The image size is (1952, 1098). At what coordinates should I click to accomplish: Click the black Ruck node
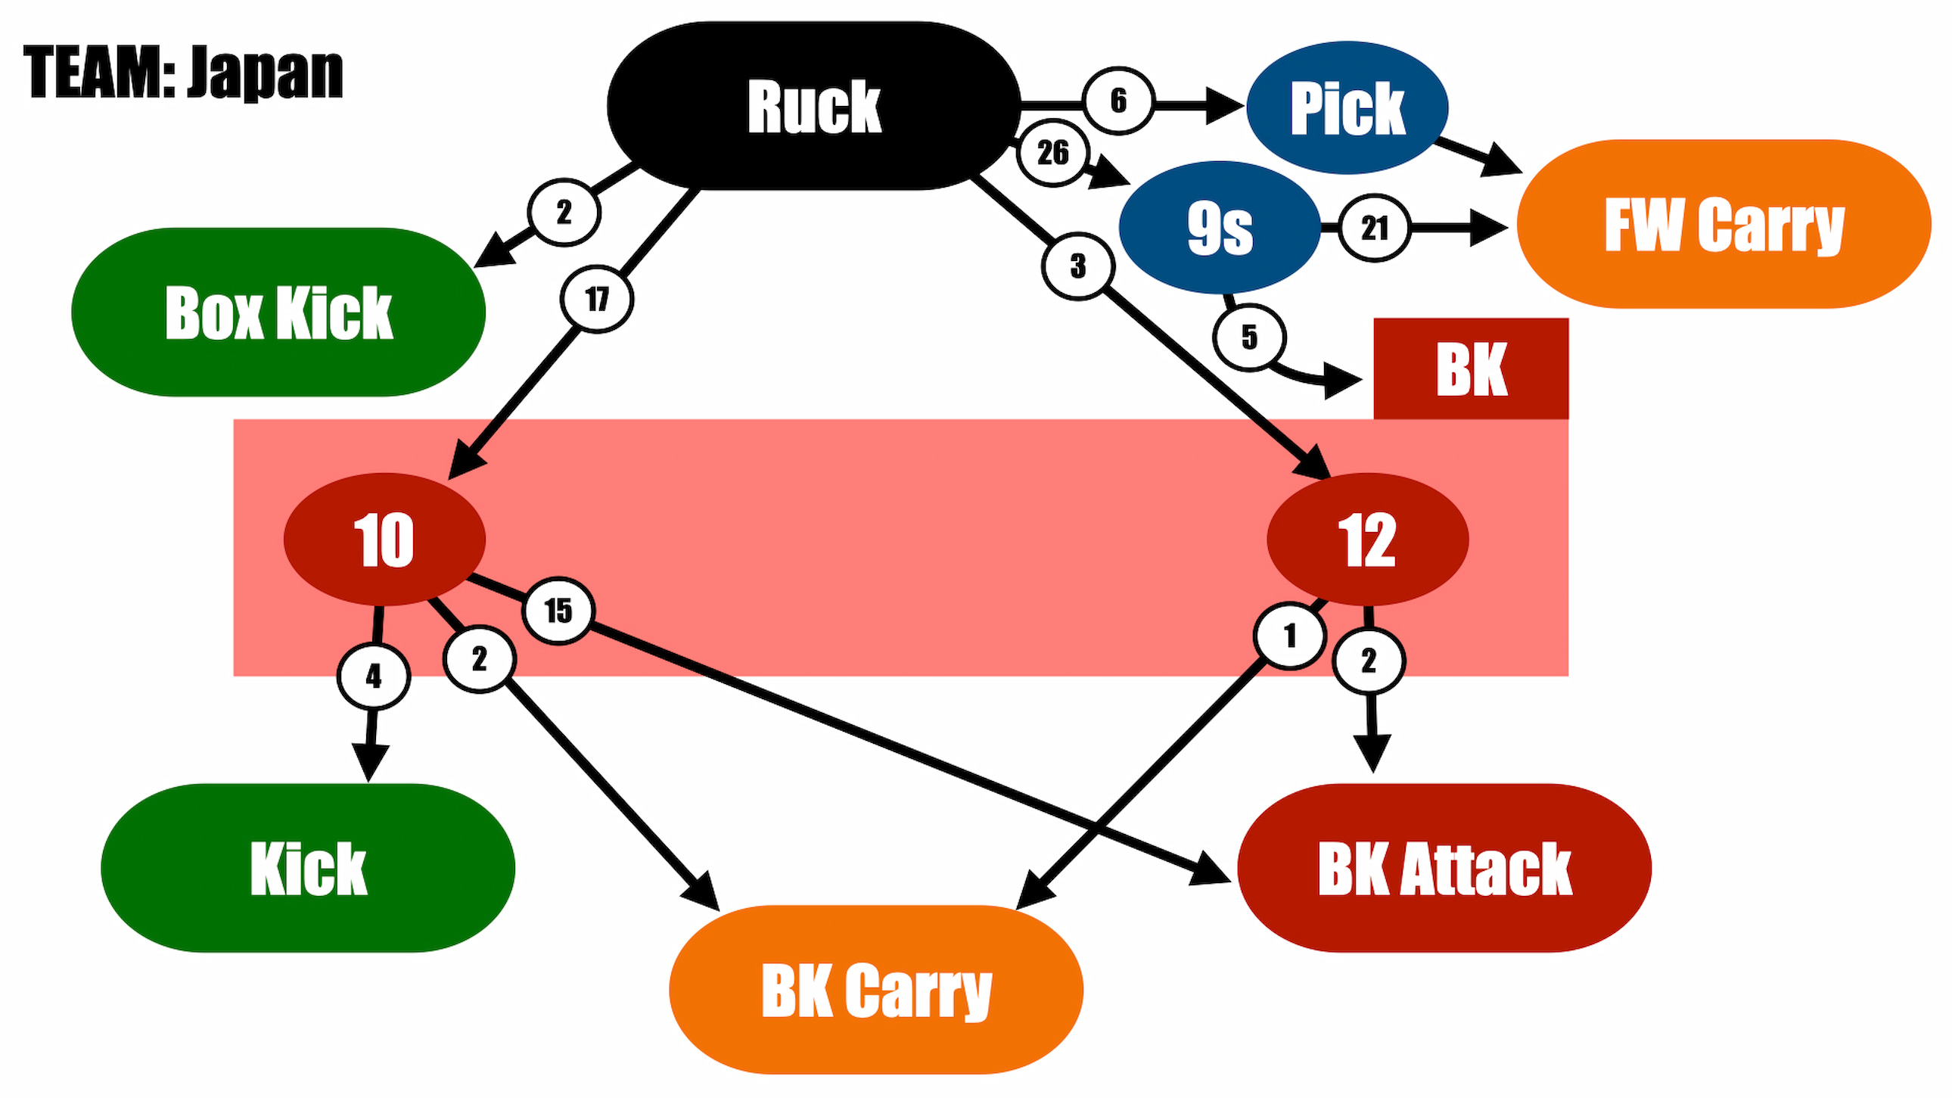pos(814,105)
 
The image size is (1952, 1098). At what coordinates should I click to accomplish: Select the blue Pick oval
pos(1347,107)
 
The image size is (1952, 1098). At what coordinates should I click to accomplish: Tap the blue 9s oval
pos(1219,227)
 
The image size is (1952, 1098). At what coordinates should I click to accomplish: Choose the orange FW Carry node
pos(1724,223)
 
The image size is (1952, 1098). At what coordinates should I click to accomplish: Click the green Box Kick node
pos(278,313)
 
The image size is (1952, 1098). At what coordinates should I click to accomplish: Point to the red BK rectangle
pos(1471,369)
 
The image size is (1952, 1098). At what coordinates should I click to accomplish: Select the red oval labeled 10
pos(384,540)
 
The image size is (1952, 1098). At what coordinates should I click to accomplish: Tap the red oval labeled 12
pos(1368,540)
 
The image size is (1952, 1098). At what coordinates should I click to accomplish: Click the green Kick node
pos(308,868)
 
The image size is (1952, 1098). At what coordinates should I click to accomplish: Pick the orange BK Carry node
pos(876,990)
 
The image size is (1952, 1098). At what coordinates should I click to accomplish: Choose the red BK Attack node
pos(1444,868)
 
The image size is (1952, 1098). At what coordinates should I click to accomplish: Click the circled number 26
pos(1053,153)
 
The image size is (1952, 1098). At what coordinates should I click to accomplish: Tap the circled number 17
pos(597,300)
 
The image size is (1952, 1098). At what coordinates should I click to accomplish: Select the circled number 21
pos(1375,227)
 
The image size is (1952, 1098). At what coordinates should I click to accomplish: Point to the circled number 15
pos(558,611)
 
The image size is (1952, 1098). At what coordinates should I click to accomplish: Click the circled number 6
pos(1118,101)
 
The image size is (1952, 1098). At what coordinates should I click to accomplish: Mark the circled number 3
pos(1078,266)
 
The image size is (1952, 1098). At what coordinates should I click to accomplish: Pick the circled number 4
pos(374,676)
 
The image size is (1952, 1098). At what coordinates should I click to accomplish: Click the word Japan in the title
pos(266,73)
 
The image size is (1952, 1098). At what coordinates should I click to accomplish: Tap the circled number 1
pos(1290,636)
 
